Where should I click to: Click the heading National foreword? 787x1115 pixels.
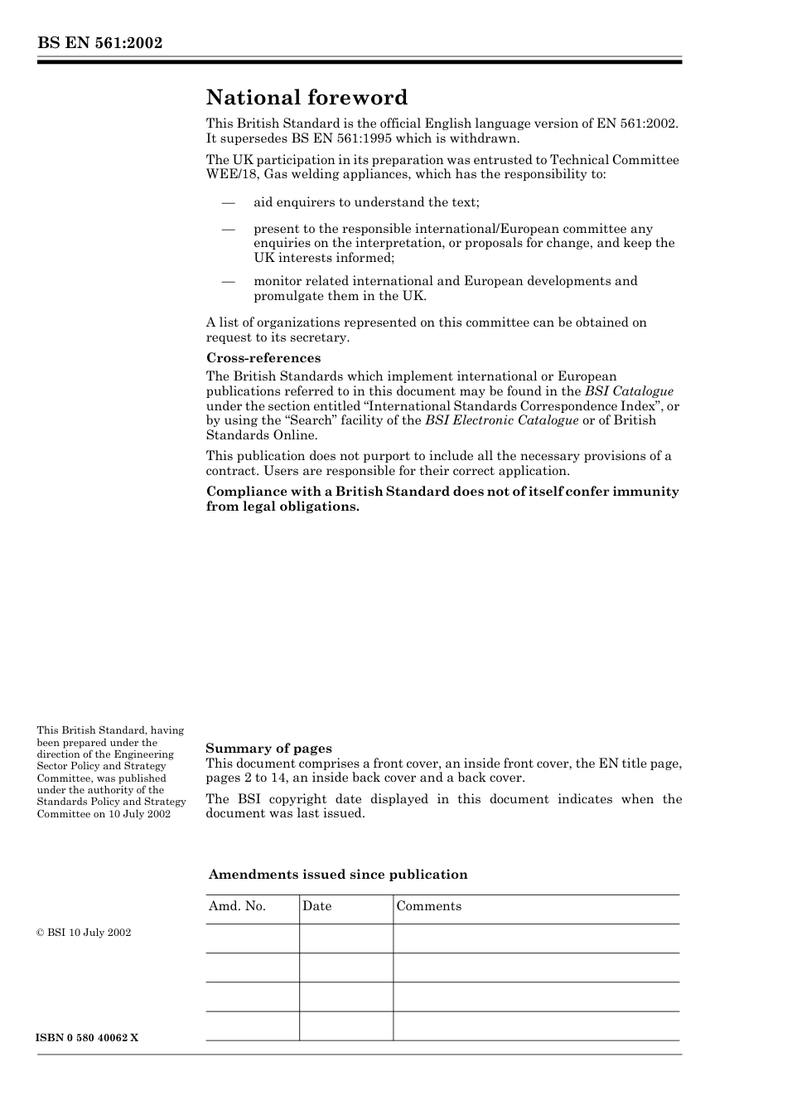(307, 98)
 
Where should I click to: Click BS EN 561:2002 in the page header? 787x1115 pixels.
(99, 43)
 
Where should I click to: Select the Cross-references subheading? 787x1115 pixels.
(263, 358)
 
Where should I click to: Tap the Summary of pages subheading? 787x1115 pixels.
(268, 749)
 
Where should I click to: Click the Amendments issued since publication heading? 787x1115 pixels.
(338, 875)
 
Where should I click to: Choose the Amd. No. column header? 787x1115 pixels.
(237, 906)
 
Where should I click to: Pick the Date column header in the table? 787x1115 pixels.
(316, 906)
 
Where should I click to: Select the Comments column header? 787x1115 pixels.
(428, 906)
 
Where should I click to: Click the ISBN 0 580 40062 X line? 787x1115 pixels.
(88, 1038)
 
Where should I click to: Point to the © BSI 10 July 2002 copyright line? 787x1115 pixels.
(84, 933)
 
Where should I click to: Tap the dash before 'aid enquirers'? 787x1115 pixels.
(228, 202)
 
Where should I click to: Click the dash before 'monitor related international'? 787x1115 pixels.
(228, 281)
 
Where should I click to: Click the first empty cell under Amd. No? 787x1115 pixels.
(252, 938)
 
